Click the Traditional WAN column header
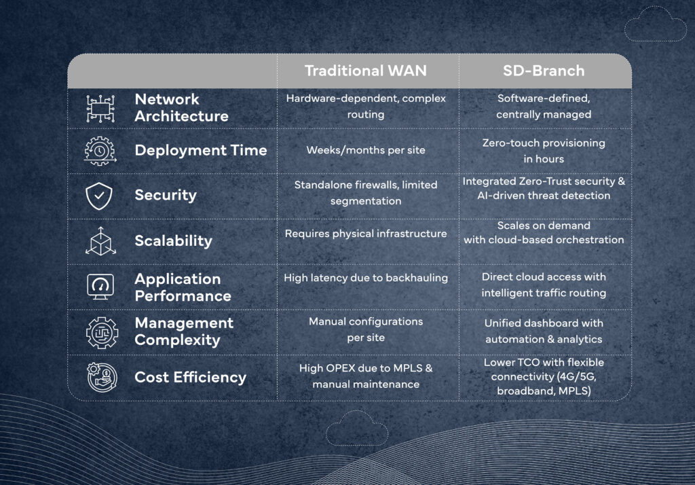point(366,71)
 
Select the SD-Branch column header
point(544,71)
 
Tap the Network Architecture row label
point(181,107)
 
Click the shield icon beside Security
point(99,196)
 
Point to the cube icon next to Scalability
point(100,241)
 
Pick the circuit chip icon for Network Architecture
point(100,108)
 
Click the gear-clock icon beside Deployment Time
point(100,151)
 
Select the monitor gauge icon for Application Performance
point(100,286)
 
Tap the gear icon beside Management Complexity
point(102,332)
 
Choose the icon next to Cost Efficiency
point(102,377)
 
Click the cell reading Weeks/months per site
point(366,150)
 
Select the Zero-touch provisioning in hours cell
point(544,151)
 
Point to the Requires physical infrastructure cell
point(366,234)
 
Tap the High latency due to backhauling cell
point(366,278)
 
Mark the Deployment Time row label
point(201,150)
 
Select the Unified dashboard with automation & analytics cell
point(544,331)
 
